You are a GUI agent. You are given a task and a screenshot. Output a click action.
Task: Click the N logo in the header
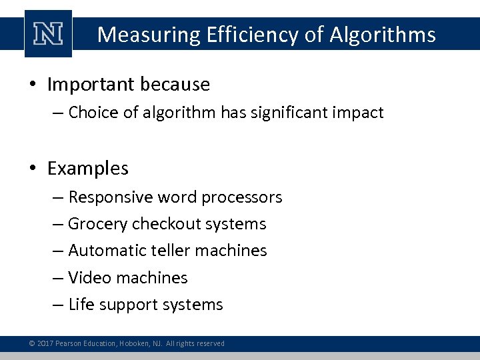[x=48, y=34]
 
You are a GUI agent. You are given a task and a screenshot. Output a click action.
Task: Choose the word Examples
[x=88, y=169]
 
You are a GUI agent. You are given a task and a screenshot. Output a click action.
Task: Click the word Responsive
[x=111, y=197]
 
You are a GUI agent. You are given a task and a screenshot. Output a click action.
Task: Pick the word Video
[x=87, y=277]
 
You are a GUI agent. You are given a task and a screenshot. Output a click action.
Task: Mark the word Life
[x=81, y=305]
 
